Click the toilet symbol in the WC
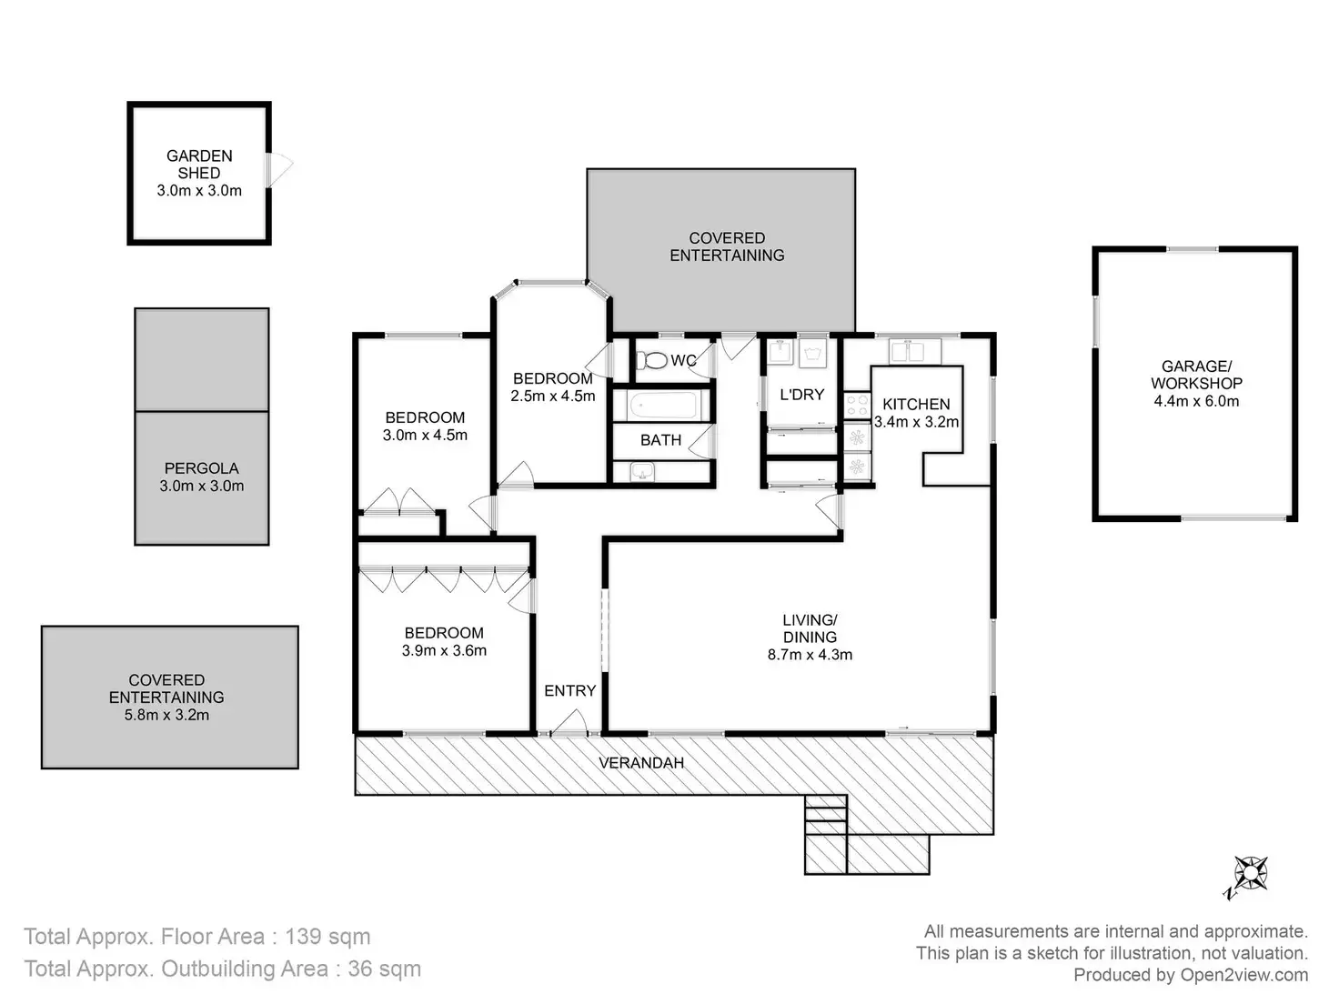(x=650, y=360)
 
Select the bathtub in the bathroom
(x=661, y=405)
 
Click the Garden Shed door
(x=278, y=170)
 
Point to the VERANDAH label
(x=641, y=763)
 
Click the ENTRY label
(x=570, y=691)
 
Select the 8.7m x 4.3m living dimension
(x=810, y=655)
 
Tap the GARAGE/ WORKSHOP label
(x=1196, y=375)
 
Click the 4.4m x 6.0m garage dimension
(x=1196, y=401)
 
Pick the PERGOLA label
(x=201, y=468)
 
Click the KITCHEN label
(x=916, y=404)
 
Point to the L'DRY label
(x=801, y=395)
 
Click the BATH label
(x=660, y=440)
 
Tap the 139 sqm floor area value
(x=327, y=937)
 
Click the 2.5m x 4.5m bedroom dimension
(x=553, y=396)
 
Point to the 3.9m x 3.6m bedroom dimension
(x=444, y=650)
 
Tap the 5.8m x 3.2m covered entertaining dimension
(x=166, y=715)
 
